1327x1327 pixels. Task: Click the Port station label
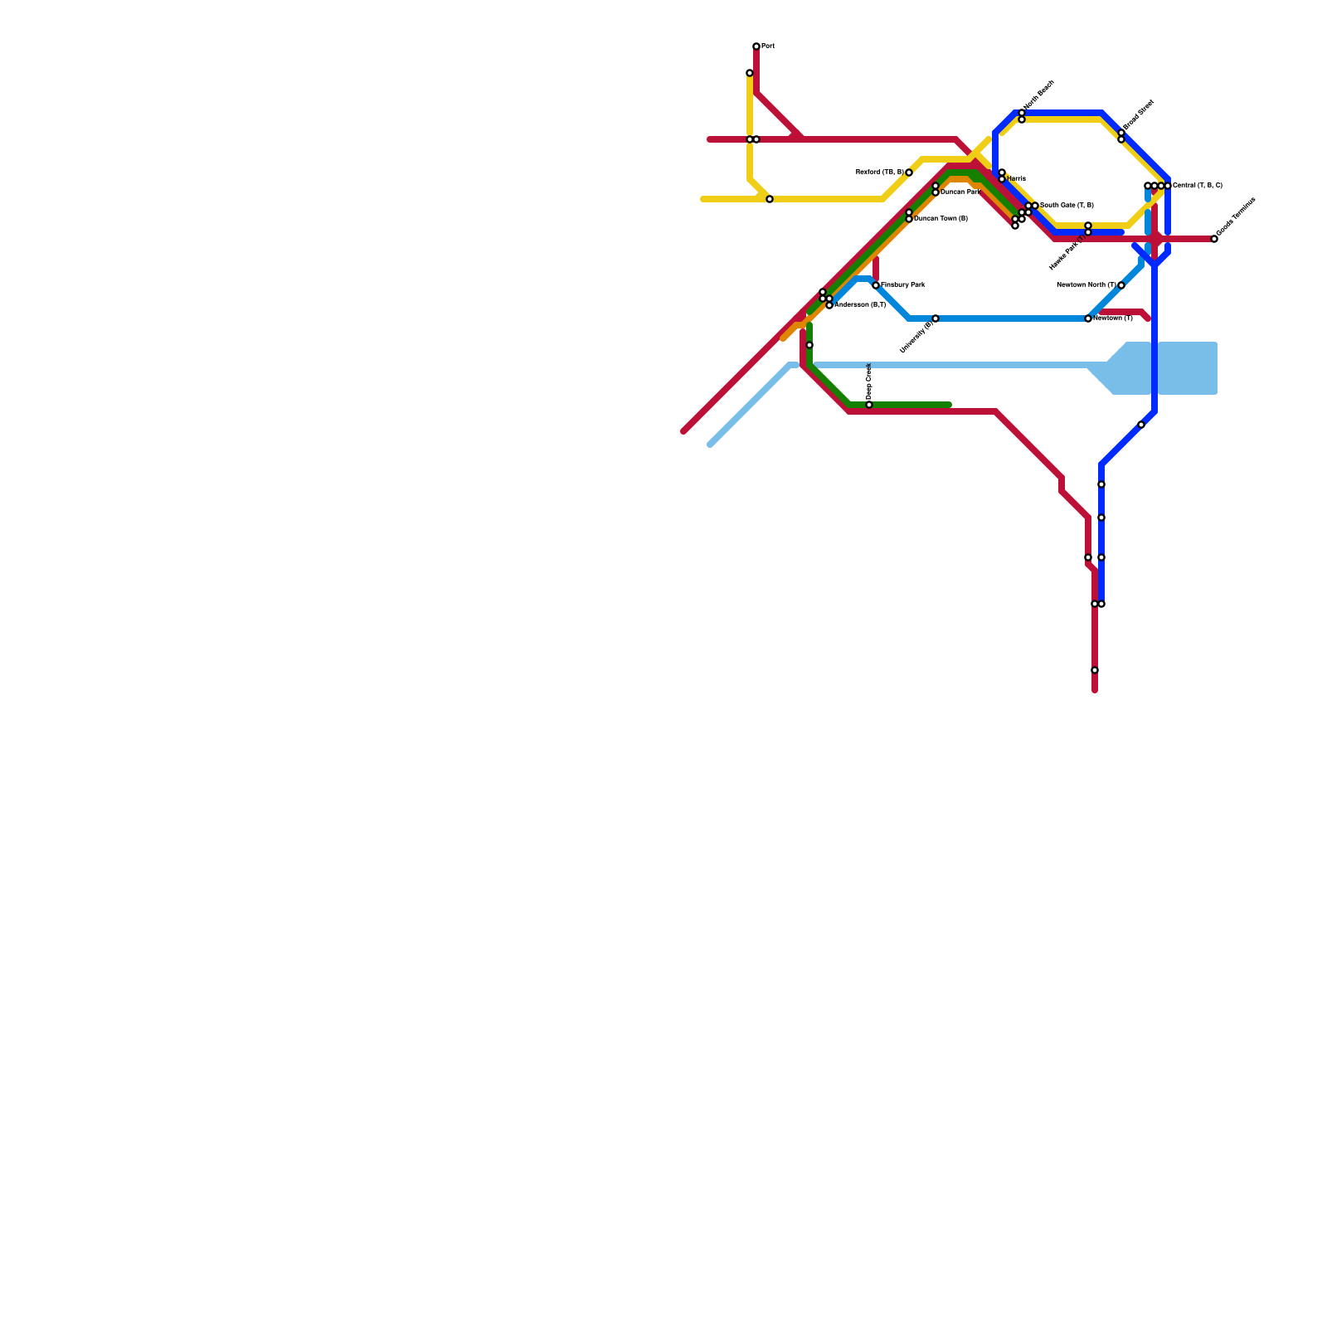(x=768, y=46)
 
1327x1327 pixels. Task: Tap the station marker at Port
(x=756, y=46)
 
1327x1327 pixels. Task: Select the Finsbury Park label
(x=903, y=285)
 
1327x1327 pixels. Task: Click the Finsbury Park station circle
(x=876, y=285)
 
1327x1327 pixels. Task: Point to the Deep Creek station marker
(x=869, y=405)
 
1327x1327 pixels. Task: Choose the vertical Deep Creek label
(x=868, y=382)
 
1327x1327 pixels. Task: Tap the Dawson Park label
(x=960, y=192)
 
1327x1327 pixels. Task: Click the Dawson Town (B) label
(x=941, y=219)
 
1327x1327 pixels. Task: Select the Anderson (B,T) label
(x=860, y=305)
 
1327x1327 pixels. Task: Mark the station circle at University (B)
(x=936, y=318)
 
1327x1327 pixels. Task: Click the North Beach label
(x=1039, y=95)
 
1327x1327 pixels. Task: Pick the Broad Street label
(x=1139, y=115)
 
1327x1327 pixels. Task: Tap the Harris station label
(x=1017, y=179)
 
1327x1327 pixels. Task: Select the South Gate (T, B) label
(x=1067, y=206)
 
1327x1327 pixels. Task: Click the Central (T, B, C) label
(x=1198, y=186)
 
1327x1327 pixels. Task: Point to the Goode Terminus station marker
(x=1214, y=239)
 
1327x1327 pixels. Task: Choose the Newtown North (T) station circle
(x=1121, y=285)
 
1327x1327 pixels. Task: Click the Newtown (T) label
(x=1113, y=318)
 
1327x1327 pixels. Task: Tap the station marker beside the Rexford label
(x=909, y=173)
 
